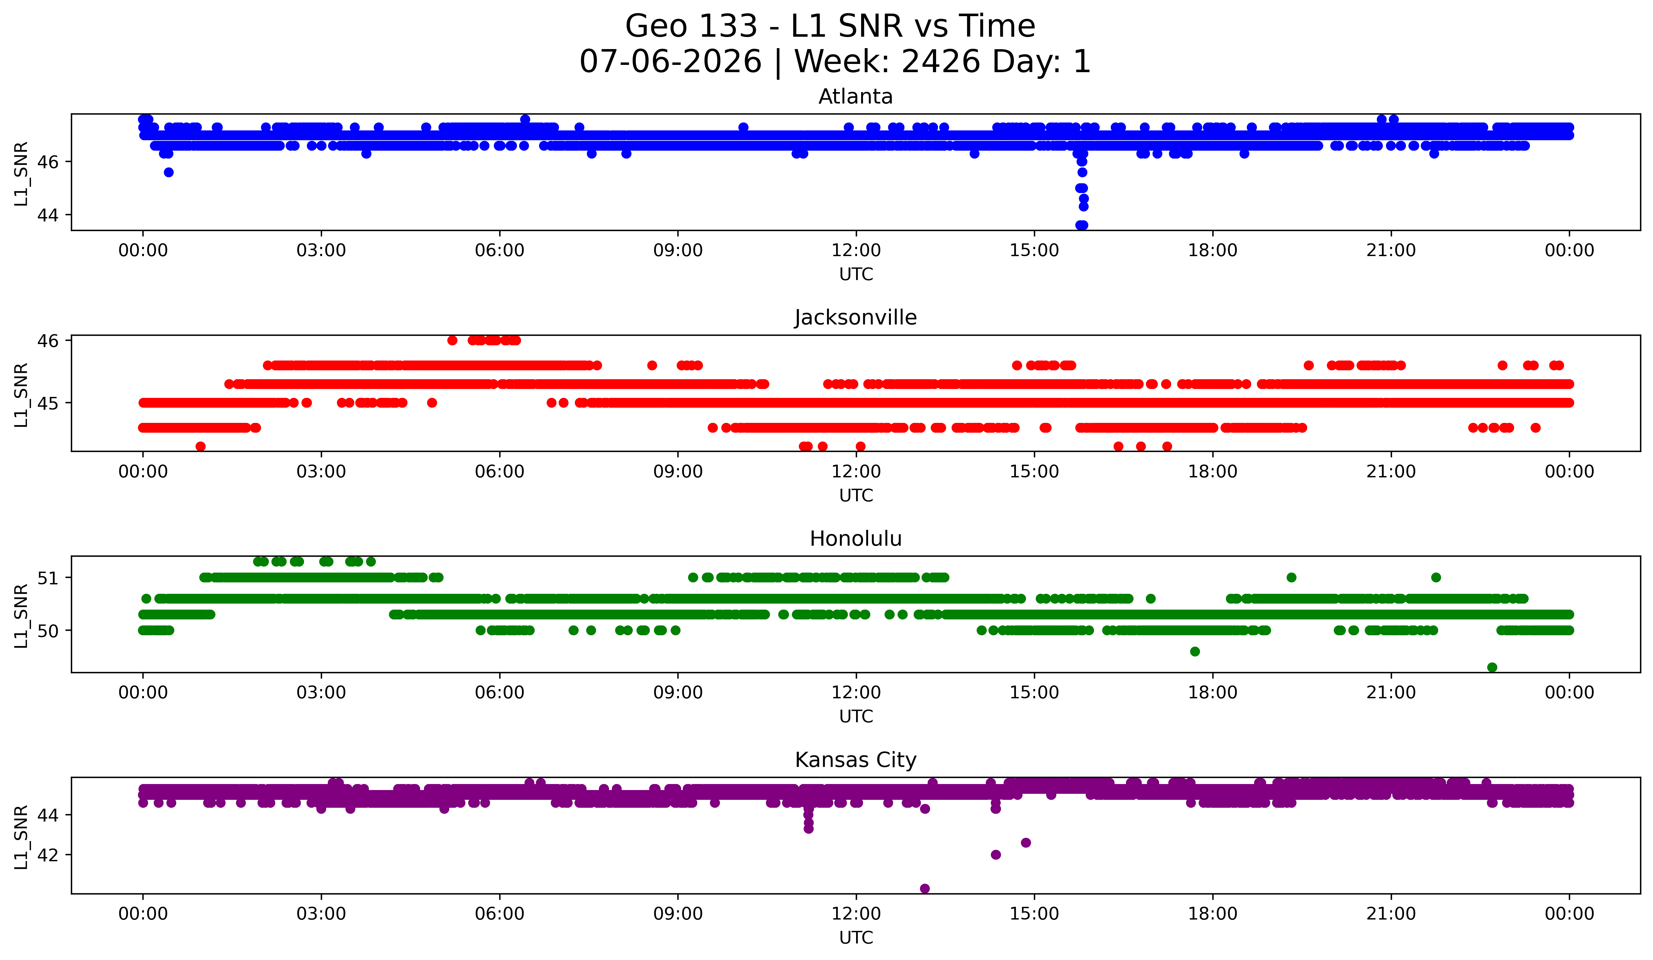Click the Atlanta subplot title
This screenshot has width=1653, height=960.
(x=855, y=97)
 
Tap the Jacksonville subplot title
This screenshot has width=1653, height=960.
(x=855, y=317)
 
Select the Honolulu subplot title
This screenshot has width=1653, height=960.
(x=855, y=539)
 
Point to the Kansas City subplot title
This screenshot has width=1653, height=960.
(x=855, y=760)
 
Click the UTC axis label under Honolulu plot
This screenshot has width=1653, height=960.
(x=856, y=717)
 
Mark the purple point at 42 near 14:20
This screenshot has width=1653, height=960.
(x=996, y=854)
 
